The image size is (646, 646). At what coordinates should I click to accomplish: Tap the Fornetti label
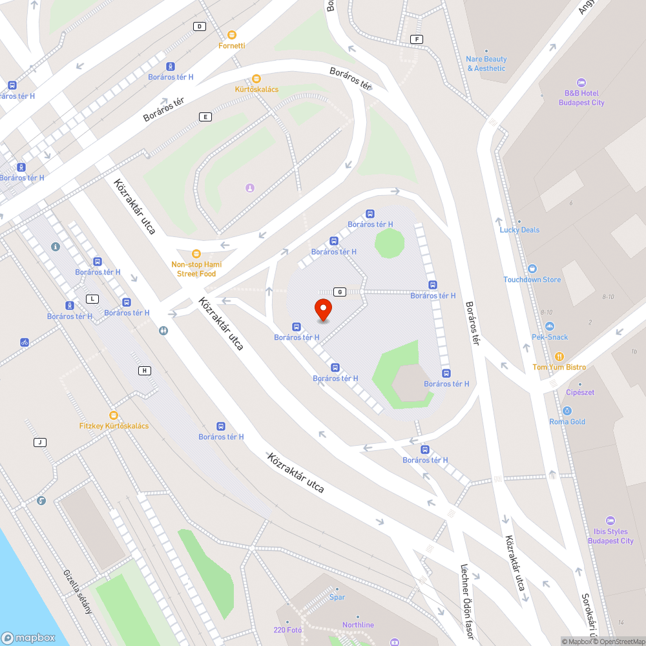(232, 46)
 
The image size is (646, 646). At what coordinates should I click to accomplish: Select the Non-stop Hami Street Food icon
(196, 254)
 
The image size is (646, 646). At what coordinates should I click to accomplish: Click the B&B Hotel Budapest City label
(581, 98)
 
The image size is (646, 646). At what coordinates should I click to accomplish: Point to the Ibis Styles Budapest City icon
(610, 521)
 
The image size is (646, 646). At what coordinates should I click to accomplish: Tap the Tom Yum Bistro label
(559, 368)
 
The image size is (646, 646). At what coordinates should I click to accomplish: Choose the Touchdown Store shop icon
(532, 269)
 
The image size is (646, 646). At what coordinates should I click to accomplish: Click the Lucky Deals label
(519, 230)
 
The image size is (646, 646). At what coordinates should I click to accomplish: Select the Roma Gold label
(567, 422)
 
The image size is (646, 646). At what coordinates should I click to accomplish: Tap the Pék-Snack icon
(550, 326)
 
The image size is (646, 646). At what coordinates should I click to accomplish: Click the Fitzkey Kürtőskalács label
(114, 426)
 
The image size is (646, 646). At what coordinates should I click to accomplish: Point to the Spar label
(337, 597)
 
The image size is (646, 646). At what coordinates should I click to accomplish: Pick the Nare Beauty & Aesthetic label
(486, 63)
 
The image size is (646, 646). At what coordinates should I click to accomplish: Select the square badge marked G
(339, 292)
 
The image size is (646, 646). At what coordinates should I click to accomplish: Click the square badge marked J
(40, 443)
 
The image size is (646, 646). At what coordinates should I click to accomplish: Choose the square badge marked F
(417, 39)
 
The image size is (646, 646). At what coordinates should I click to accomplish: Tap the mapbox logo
(28, 637)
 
